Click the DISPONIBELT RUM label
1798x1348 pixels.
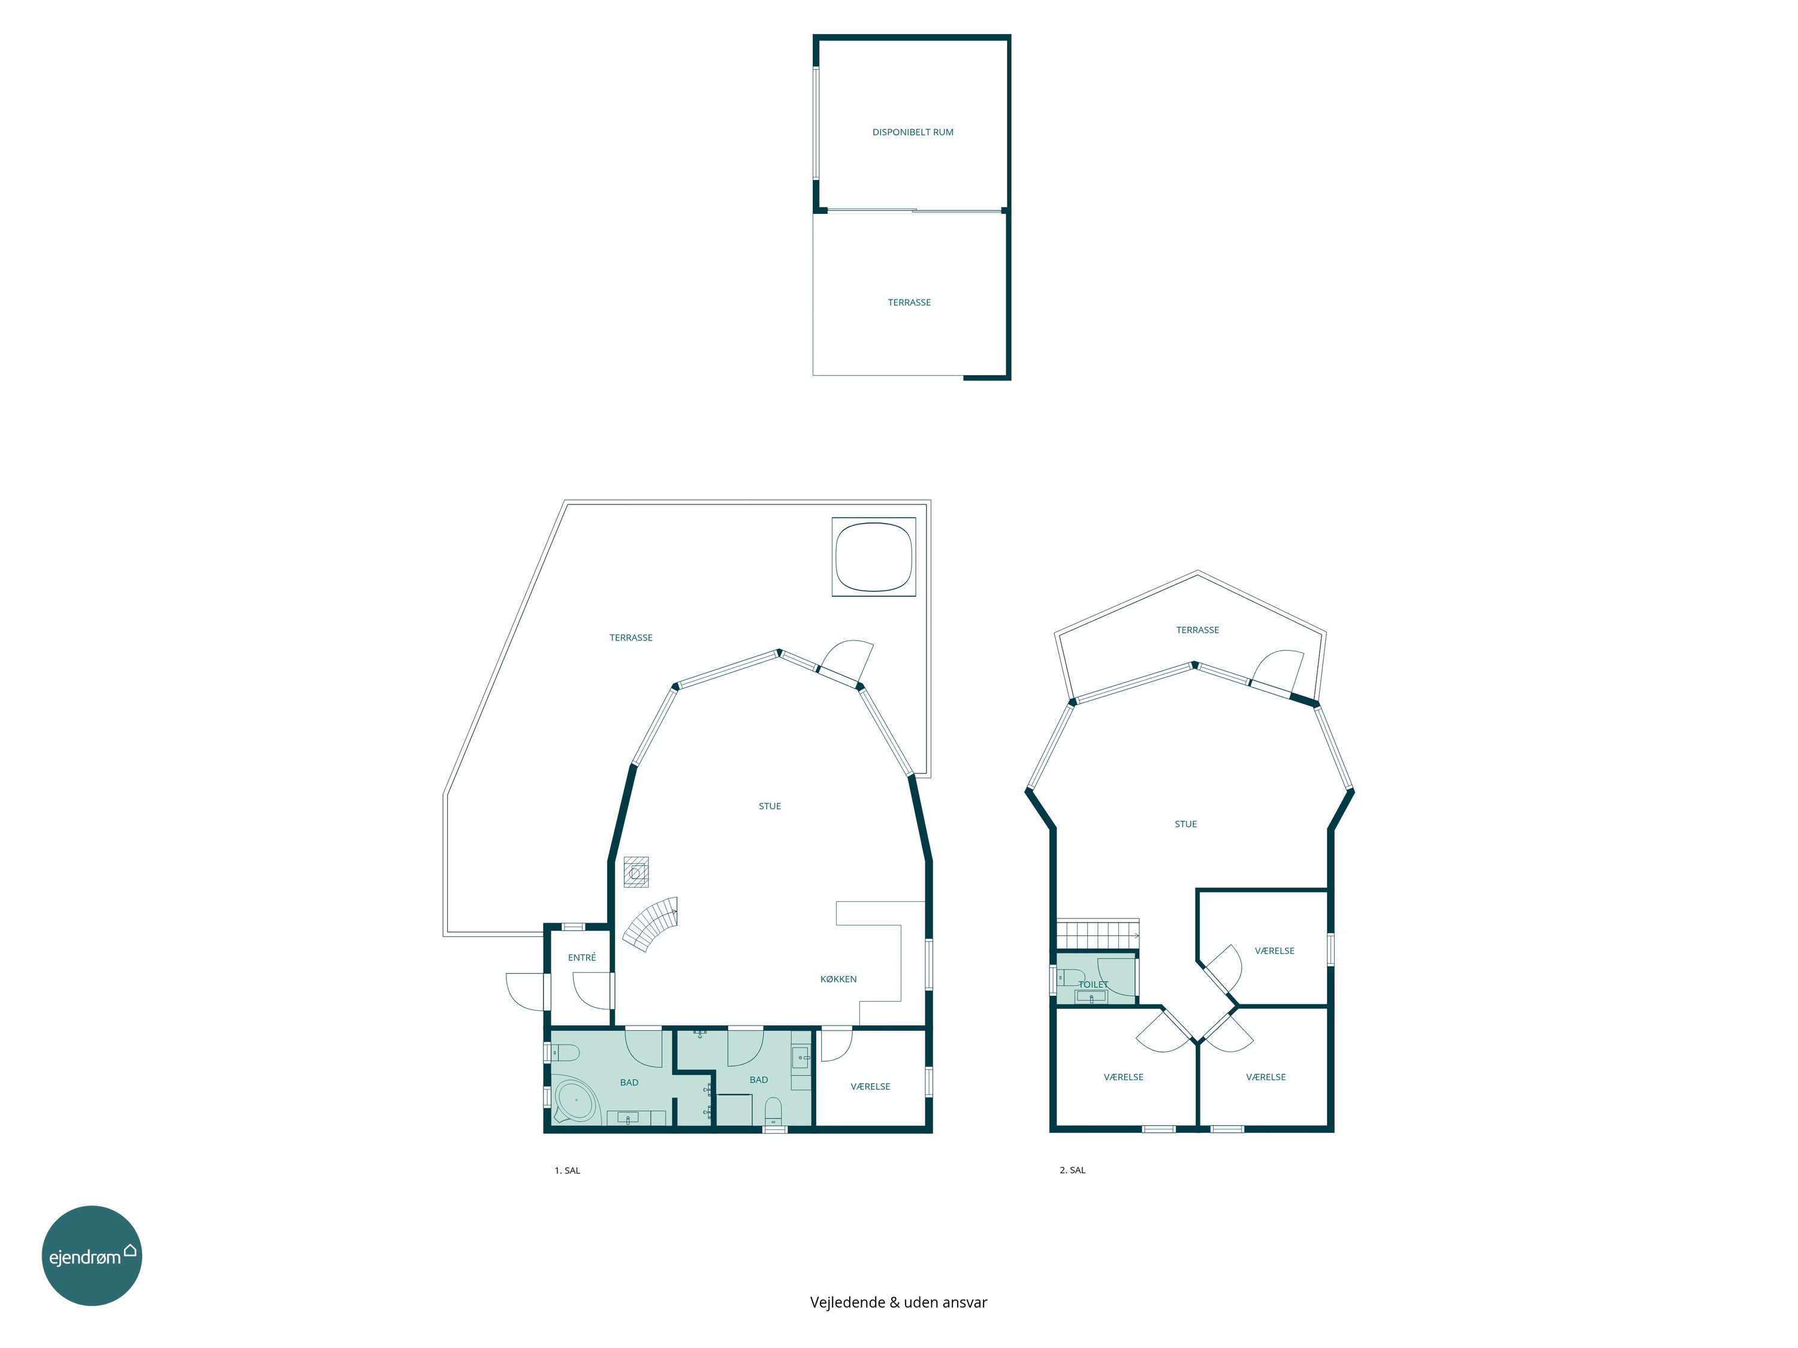pyautogui.click(x=912, y=132)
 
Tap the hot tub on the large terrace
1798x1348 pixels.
pyautogui.click(x=874, y=557)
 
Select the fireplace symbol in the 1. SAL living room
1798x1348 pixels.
pyautogui.click(x=636, y=872)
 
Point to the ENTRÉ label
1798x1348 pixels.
pyautogui.click(x=582, y=957)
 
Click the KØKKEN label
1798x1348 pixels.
pyautogui.click(x=838, y=979)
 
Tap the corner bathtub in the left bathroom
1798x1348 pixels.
pyautogui.click(x=575, y=1102)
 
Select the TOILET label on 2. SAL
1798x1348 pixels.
pyautogui.click(x=1093, y=984)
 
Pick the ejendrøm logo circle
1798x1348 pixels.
pyautogui.click(x=92, y=1255)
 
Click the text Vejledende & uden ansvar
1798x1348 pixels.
pyautogui.click(x=898, y=1302)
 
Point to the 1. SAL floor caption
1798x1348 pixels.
pyautogui.click(x=568, y=1170)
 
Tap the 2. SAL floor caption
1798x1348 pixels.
pyautogui.click(x=1072, y=1170)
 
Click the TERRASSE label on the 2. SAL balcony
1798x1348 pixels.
pyautogui.click(x=1197, y=630)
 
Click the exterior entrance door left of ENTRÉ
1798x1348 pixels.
pyautogui.click(x=527, y=992)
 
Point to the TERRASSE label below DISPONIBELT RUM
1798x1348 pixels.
pyautogui.click(x=909, y=303)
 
